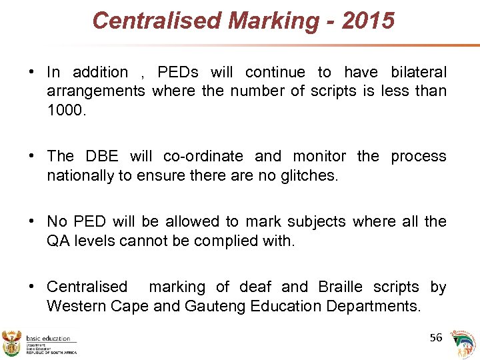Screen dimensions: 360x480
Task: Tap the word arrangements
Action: click(x=96, y=91)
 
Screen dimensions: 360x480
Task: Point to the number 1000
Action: click(x=66, y=109)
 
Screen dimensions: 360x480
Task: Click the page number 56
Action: click(x=436, y=337)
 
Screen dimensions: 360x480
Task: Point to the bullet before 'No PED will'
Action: click(x=31, y=221)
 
